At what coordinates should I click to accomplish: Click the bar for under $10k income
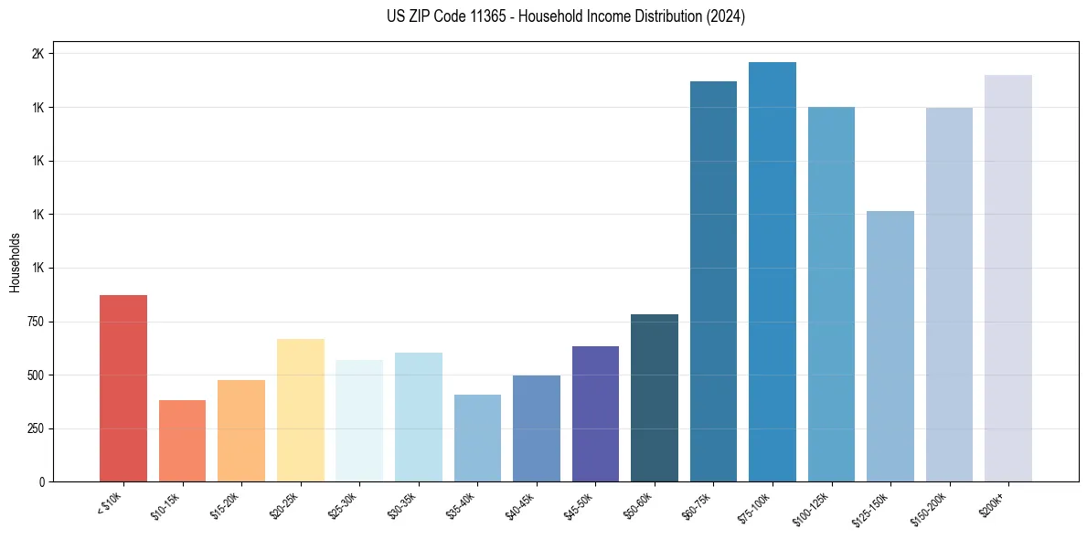[x=123, y=388]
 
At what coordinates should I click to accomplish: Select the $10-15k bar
[x=182, y=441]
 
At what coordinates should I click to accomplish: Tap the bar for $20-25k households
[x=300, y=410]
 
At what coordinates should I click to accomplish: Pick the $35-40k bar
[x=477, y=439]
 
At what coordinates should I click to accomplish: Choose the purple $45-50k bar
[x=595, y=414]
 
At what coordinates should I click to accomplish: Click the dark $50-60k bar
[x=655, y=398]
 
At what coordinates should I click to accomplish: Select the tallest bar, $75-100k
[x=773, y=272]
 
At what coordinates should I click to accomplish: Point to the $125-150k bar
[x=890, y=346]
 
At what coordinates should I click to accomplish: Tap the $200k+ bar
[x=1008, y=279]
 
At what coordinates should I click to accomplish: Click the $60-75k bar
[x=713, y=281]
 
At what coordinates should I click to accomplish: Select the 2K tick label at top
[x=37, y=54]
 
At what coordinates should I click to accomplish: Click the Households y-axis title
[x=15, y=262]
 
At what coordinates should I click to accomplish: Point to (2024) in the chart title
[x=726, y=16]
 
